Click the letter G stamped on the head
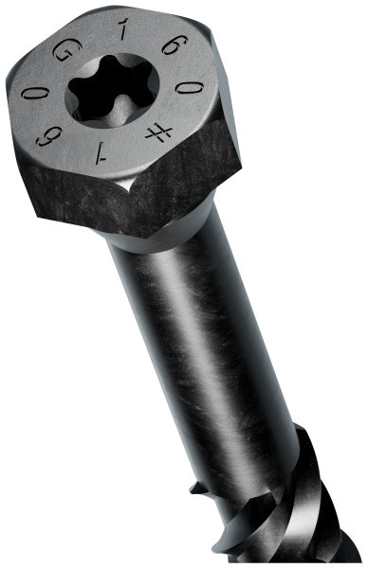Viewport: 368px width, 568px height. coord(64,54)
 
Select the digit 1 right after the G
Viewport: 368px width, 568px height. coord(120,36)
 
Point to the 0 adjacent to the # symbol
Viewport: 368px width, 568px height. coord(190,89)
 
